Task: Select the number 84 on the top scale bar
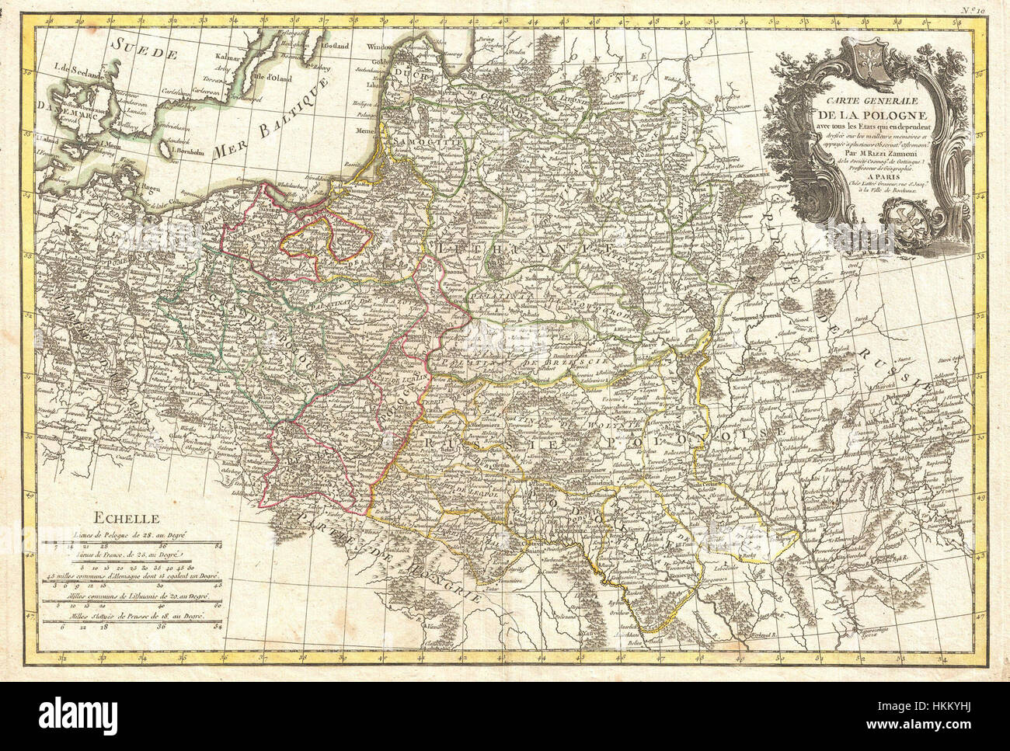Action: [x=218, y=548]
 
